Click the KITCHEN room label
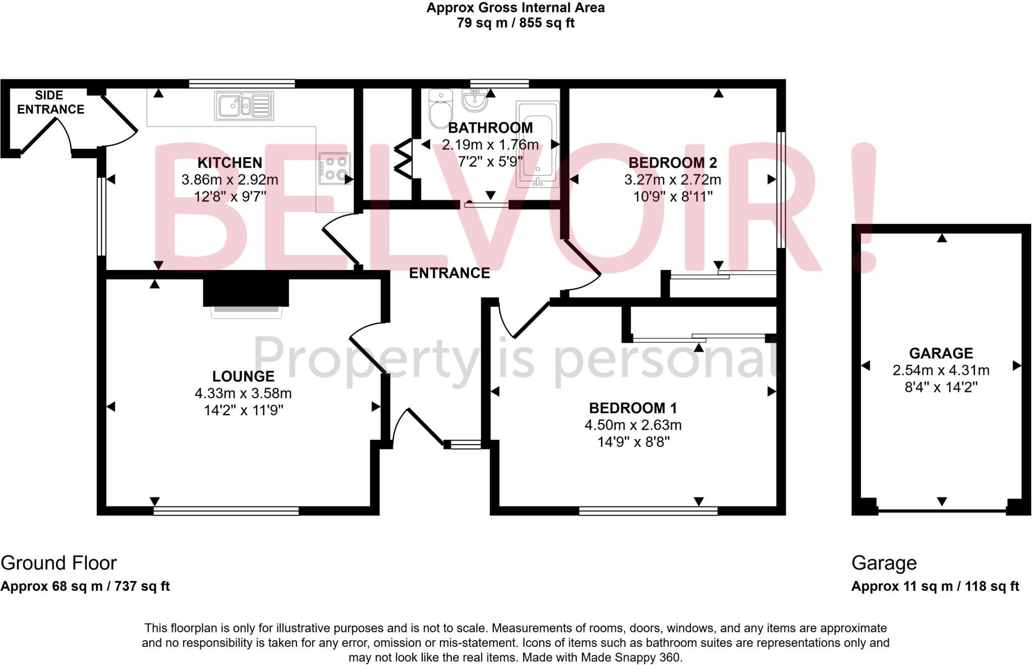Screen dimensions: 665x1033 [229, 162]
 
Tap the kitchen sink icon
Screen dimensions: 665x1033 [244, 106]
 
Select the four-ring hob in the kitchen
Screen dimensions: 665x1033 [334, 169]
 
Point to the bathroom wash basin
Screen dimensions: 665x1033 [475, 100]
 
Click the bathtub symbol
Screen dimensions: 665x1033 [537, 144]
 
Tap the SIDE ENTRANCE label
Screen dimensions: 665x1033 [50, 102]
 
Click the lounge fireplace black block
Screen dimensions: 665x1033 [246, 292]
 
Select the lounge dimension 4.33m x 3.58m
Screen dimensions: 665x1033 [243, 393]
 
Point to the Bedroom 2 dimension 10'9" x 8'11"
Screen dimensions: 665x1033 [673, 196]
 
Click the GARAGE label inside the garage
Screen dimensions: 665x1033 [941, 353]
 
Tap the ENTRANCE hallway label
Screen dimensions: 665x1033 [449, 273]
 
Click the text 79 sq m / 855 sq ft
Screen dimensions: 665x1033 [515, 23]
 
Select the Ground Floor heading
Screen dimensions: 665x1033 [59, 563]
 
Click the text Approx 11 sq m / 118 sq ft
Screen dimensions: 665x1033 [935, 586]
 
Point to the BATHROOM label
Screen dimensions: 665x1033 [490, 128]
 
